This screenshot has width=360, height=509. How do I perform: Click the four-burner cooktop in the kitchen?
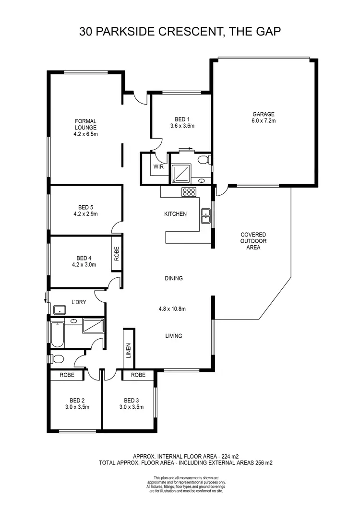[189, 192]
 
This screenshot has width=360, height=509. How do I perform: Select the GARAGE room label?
[264, 114]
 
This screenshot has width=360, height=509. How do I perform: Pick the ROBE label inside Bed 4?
[117, 253]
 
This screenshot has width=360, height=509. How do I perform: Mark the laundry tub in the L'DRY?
[60, 309]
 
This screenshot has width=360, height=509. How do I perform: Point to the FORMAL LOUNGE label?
[85, 124]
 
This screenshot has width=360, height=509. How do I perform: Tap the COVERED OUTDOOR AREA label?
[253, 241]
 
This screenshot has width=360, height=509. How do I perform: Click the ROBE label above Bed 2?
[67, 375]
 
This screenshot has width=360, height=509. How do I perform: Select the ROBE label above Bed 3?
[138, 375]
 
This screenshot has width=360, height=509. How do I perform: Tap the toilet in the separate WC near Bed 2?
[57, 358]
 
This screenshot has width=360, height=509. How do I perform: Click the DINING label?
[173, 278]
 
